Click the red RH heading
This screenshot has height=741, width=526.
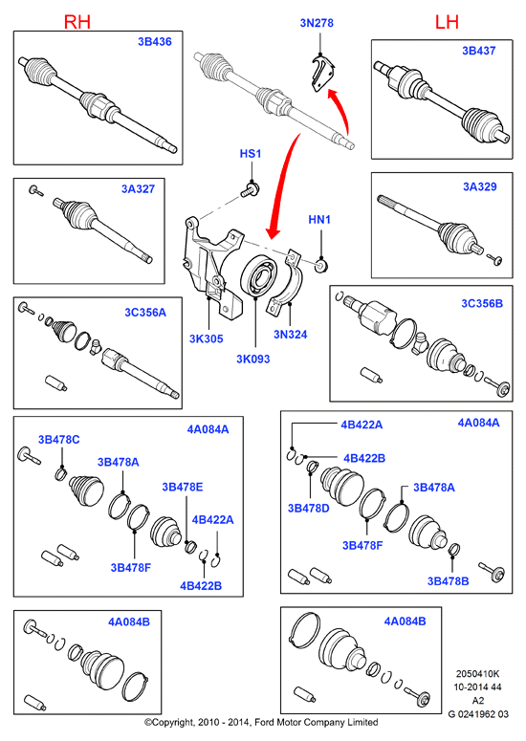(x=77, y=22)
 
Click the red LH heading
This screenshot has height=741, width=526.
(x=447, y=22)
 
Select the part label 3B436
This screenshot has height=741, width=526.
(x=155, y=41)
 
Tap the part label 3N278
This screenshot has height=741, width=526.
(x=317, y=23)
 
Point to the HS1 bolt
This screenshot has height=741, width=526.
(x=251, y=189)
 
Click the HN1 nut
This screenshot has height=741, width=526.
(x=321, y=265)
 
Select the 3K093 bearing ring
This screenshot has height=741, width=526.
(x=258, y=276)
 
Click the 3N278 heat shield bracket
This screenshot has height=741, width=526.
(x=323, y=73)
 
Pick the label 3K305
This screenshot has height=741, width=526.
(x=206, y=338)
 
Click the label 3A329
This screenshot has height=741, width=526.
(x=480, y=186)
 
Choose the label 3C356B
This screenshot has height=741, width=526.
(x=482, y=303)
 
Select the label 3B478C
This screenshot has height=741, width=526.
(x=59, y=440)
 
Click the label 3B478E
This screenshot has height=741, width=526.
(x=183, y=487)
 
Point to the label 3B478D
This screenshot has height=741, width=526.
(x=309, y=508)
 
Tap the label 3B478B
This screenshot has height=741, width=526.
(x=448, y=580)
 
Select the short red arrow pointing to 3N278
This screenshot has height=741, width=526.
(x=342, y=109)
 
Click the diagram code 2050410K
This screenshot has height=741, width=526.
(x=477, y=674)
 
